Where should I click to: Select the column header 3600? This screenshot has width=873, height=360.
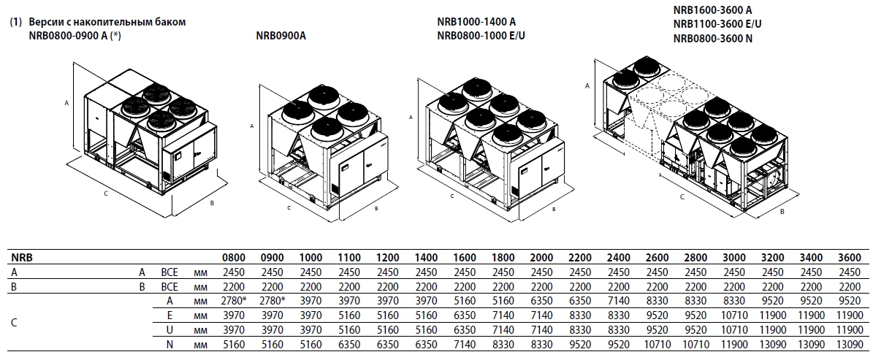pyautogui.click(x=850, y=258)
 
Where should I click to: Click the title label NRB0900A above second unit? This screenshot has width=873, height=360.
pyautogui.click(x=281, y=34)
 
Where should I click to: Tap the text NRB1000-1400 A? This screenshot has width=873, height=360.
pyautogui.click(x=476, y=22)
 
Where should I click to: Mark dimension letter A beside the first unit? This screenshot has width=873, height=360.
pyautogui.click(x=66, y=103)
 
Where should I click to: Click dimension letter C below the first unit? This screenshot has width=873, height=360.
pyautogui.click(x=107, y=194)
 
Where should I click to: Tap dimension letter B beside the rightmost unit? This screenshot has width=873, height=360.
pyautogui.click(x=782, y=212)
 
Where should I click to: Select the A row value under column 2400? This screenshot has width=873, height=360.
pyautogui.click(x=618, y=300)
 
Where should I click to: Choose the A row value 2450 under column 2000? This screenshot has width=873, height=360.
pyautogui.click(x=541, y=272)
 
